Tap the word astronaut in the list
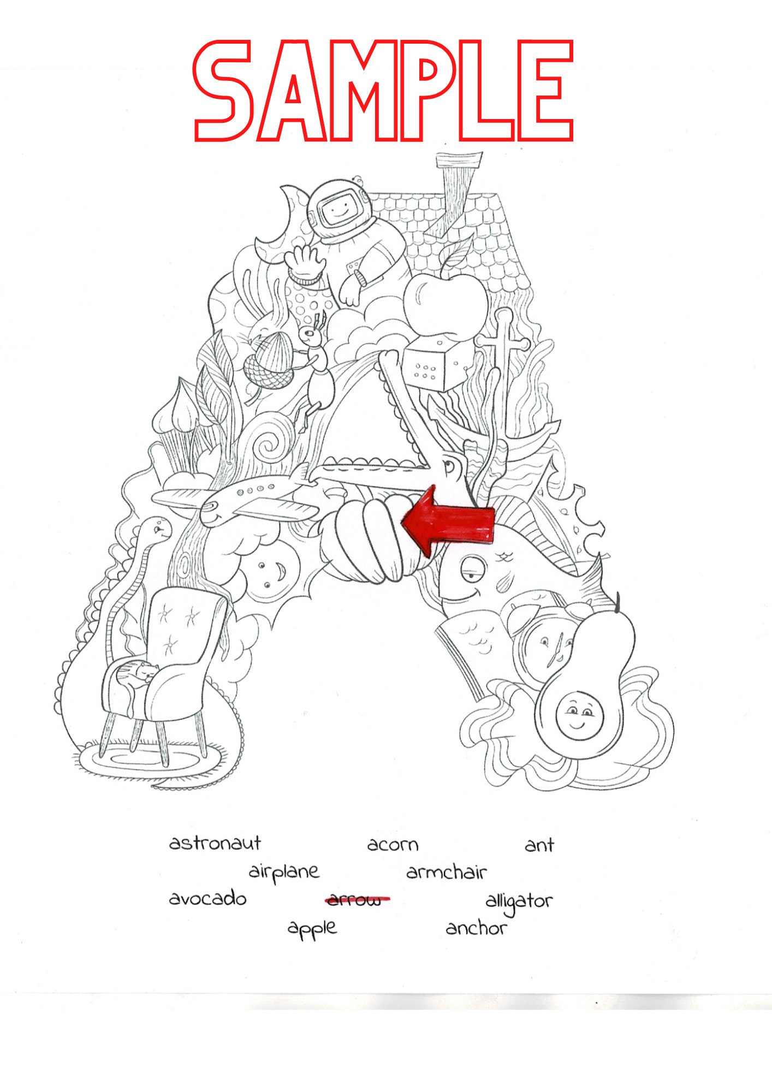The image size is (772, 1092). (215, 844)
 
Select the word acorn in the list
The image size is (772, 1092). (393, 845)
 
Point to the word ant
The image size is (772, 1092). (539, 845)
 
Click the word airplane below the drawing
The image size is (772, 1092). (284, 872)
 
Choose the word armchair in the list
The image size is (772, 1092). (446, 873)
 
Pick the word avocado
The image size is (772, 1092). (207, 899)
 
